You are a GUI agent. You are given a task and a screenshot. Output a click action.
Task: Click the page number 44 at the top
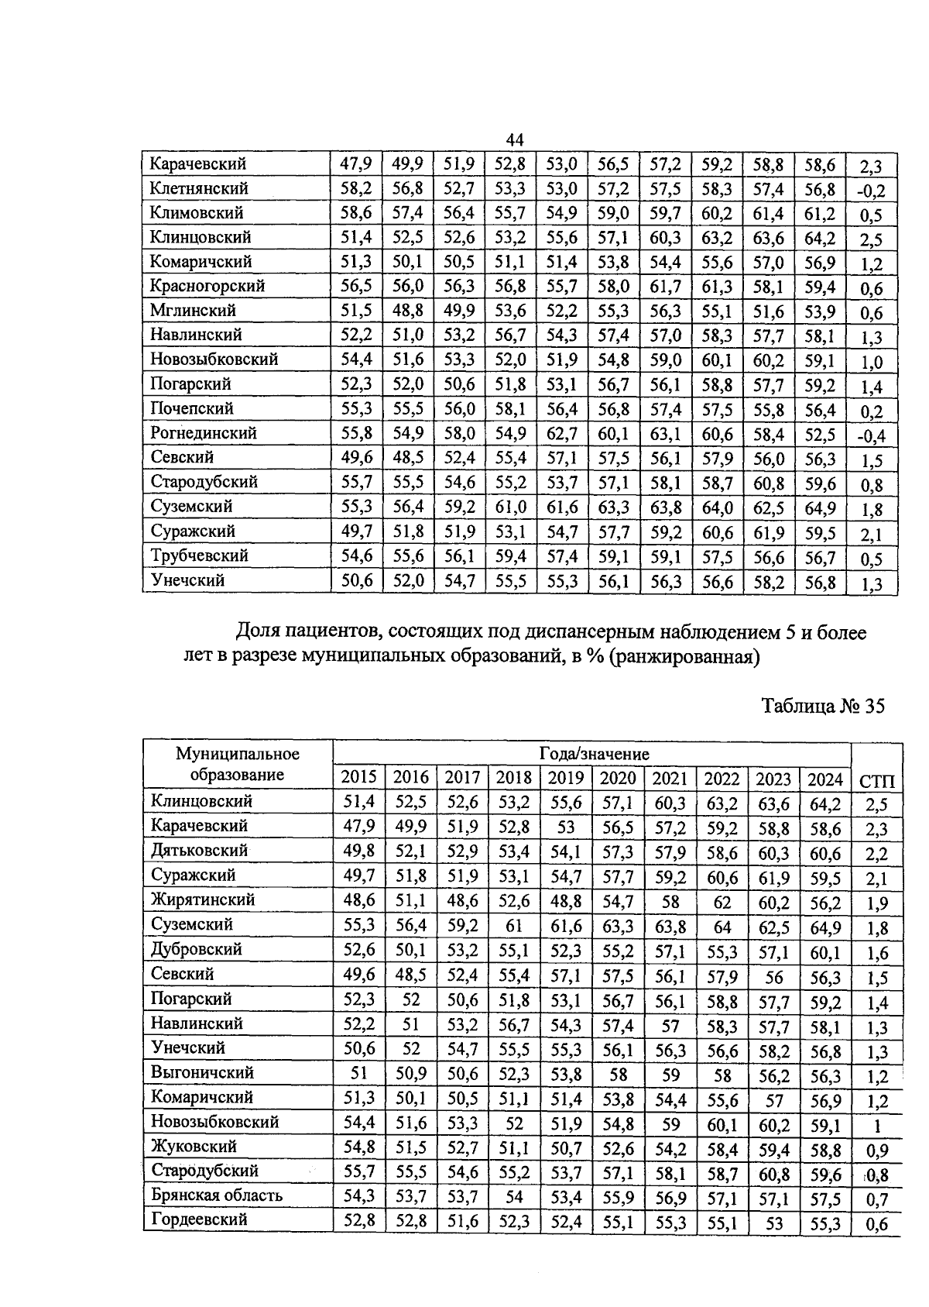point(515,139)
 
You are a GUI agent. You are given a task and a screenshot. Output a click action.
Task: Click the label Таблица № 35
point(822,707)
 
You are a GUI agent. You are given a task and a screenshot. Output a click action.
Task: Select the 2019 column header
point(566,778)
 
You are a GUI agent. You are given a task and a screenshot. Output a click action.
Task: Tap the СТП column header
point(877,781)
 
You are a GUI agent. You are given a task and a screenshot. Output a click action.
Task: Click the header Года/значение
point(594,753)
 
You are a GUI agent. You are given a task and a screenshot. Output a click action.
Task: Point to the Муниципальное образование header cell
point(237,764)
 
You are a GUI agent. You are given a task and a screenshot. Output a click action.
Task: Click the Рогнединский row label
point(203,433)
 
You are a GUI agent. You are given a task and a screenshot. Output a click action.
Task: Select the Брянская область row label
point(217,1195)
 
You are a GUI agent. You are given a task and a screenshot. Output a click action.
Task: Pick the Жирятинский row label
point(203,899)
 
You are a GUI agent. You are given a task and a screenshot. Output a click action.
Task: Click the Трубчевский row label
point(200,555)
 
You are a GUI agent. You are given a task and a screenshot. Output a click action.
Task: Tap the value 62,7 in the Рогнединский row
point(561,433)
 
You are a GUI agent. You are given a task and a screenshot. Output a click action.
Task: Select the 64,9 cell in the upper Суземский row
point(820,507)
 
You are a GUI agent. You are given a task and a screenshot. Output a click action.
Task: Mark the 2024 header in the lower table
point(824,778)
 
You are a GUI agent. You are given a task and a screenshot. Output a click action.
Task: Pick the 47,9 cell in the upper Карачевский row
point(356,164)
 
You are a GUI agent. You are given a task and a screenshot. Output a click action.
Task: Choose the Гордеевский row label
point(199,1219)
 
